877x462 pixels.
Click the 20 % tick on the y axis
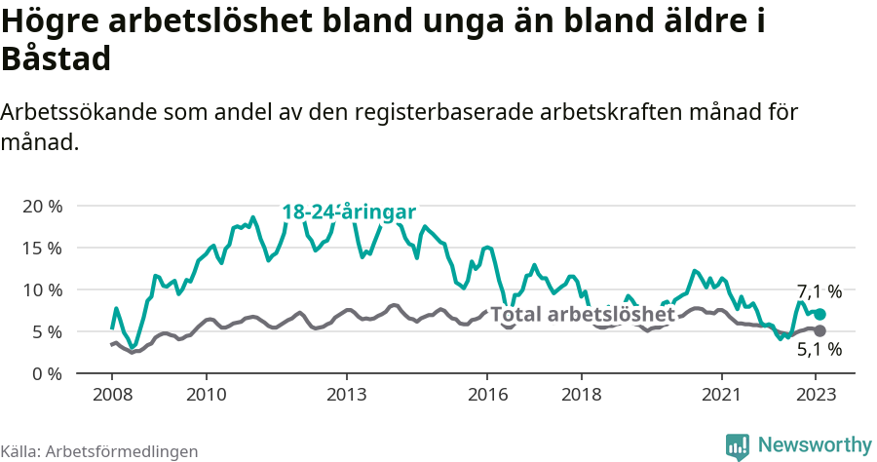[x=42, y=206]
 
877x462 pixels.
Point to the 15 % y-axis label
[x=42, y=248]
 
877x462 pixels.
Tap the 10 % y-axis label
[x=42, y=289]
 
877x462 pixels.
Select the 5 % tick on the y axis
[x=47, y=331]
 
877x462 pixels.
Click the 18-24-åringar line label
[x=349, y=212]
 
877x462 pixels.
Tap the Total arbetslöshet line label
[x=583, y=315]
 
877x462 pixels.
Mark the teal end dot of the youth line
[x=820, y=314]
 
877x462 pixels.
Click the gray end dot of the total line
[x=820, y=330]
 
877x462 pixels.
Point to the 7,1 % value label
[x=819, y=291]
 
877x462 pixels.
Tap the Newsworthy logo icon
[x=739, y=445]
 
